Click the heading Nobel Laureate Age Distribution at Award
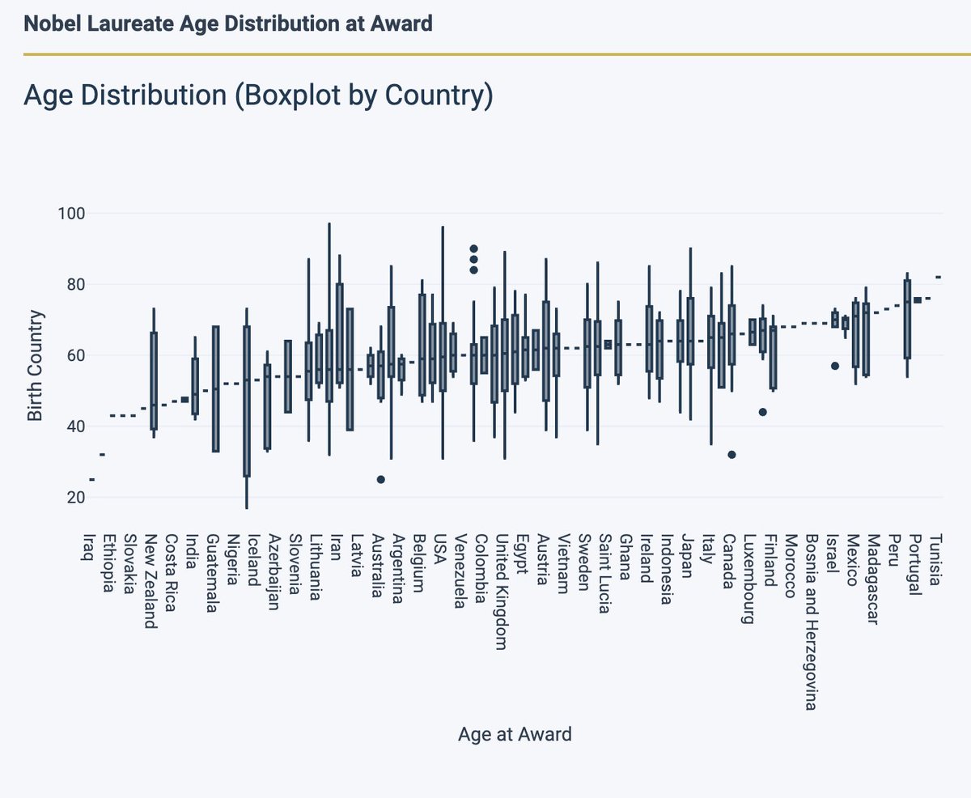[228, 23]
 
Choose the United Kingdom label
[502, 591]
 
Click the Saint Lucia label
[604, 573]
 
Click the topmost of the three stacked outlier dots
[474, 248]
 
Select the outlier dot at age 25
[380, 479]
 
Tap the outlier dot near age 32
[731, 455]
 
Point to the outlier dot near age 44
[762, 412]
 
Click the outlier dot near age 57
[835, 366]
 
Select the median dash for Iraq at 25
[91, 479]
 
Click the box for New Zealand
[154, 380]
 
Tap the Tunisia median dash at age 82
[938, 277]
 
